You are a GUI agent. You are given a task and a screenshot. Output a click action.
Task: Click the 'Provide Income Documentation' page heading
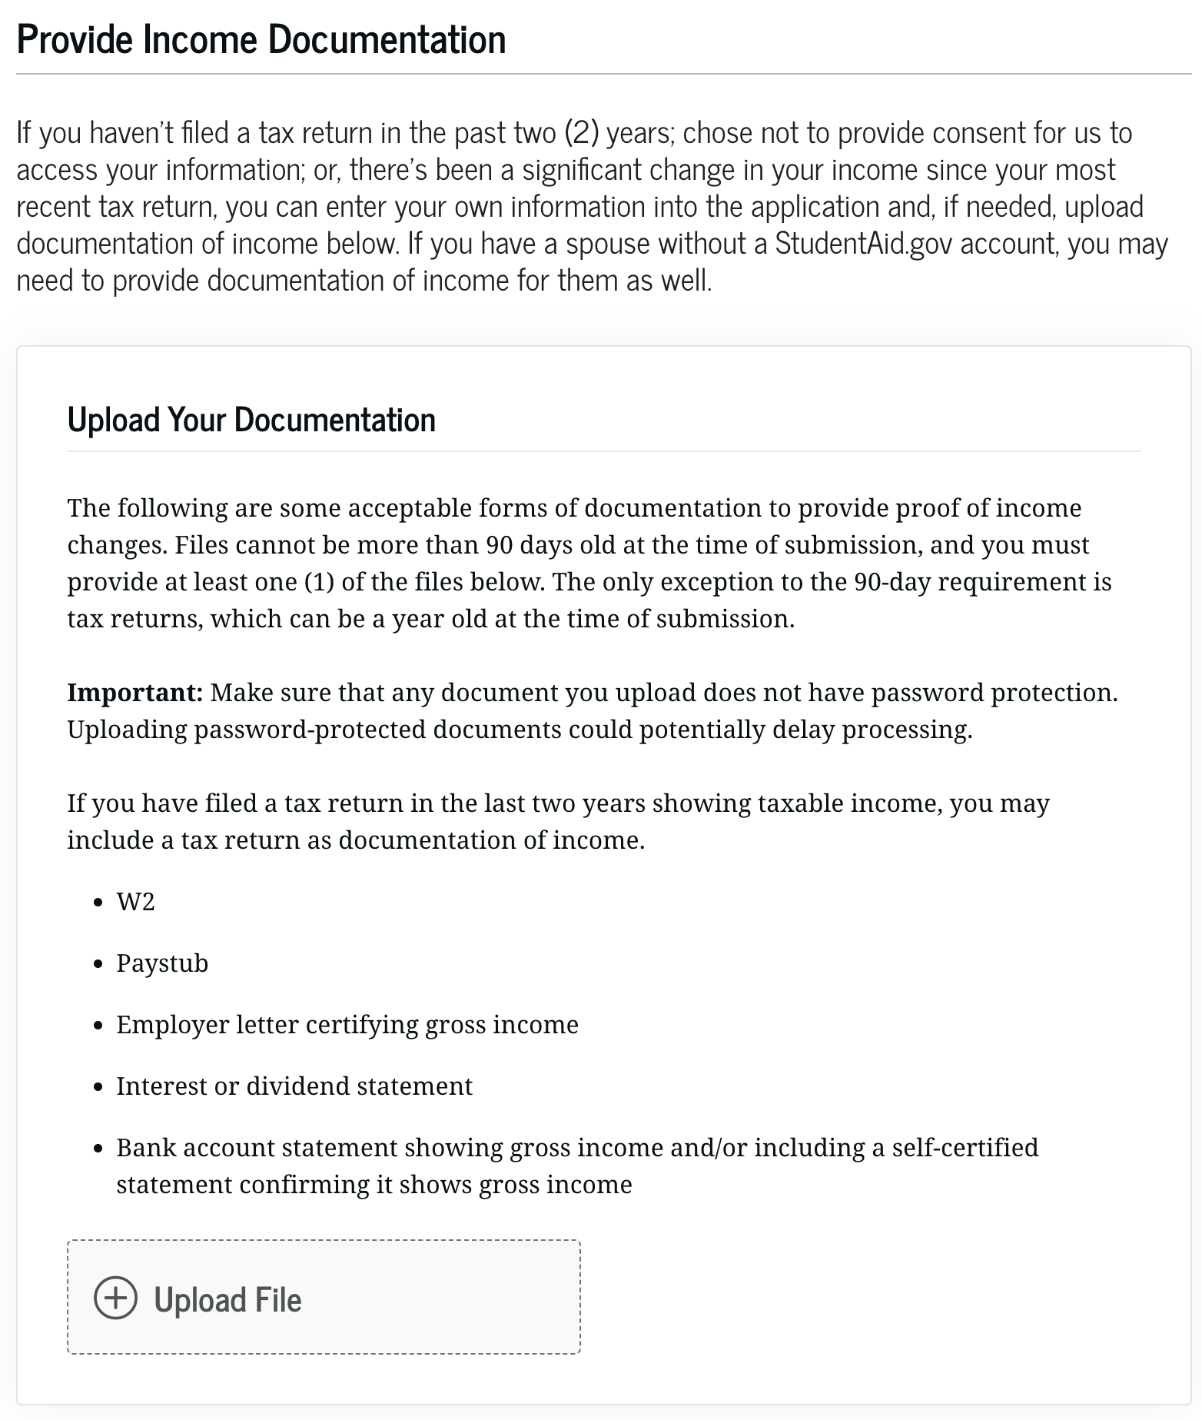click(x=261, y=40)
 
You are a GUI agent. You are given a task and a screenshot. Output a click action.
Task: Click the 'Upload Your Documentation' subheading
click(x=251, y=420)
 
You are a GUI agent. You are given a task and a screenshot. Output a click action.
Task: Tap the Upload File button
click(x=324, y=1299)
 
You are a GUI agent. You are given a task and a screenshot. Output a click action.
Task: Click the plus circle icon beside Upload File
click(x=115, y=1299)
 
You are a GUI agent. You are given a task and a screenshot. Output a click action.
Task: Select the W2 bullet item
click(x=135, y=901)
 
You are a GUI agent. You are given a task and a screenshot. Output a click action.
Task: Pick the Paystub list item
click(x=162, y=963)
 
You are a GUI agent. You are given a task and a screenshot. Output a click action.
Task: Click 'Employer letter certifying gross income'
click(x=347, y=1025)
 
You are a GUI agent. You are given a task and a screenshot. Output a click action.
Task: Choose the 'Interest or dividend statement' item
click(x=294, y=1086)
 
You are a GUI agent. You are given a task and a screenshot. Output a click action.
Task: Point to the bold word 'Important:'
click(x=134, y=693)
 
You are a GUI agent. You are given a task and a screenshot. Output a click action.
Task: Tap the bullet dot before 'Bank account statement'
click(x=98, y=1149)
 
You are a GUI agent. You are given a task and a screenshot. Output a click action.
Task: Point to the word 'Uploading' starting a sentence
click(x=127, y=730)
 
